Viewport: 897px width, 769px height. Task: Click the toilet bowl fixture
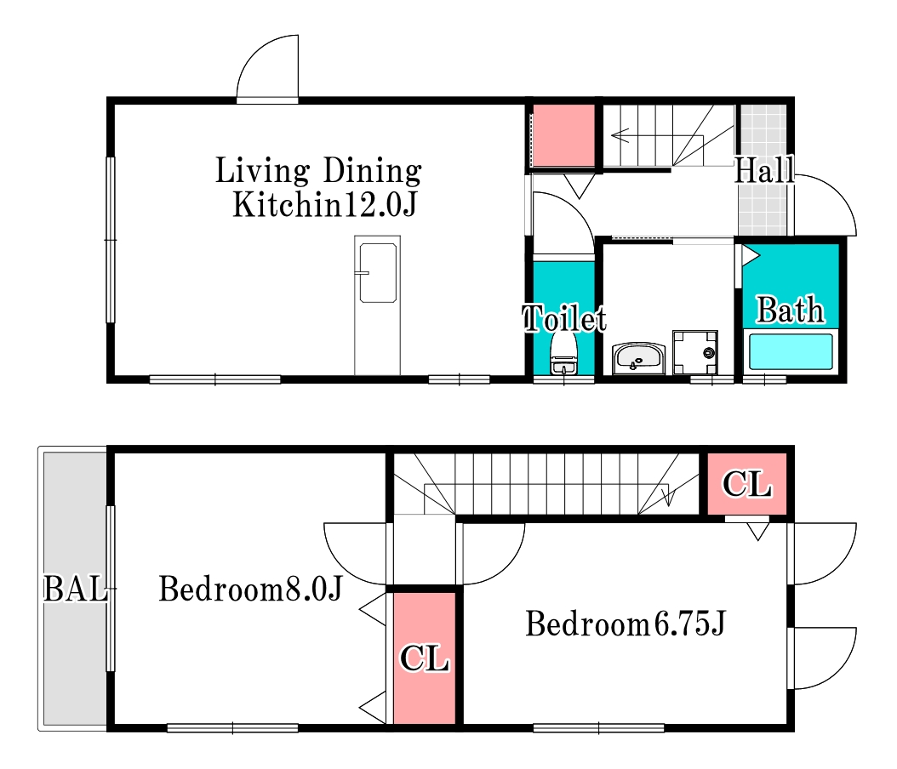coord(564,353)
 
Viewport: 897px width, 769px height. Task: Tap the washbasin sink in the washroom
coord(638,358)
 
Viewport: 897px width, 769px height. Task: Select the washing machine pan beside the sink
coord(695,351)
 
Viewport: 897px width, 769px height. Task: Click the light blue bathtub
coord(791,351)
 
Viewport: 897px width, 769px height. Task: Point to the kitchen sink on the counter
coord(378,273)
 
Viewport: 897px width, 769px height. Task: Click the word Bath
coord(790,310)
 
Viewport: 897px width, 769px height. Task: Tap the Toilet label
coord(564,318)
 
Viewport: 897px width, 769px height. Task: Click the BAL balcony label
coord(76,589)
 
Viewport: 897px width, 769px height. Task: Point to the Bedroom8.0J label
coord(250,589)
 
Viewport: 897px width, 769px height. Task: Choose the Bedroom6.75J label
coord(626,624)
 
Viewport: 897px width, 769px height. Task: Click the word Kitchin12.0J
coord(324,204)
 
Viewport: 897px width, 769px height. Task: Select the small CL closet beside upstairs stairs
coord(746,484)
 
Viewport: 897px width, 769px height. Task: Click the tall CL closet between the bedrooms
coord(424,658)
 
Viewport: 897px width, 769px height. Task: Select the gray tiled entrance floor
coord(763,170)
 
